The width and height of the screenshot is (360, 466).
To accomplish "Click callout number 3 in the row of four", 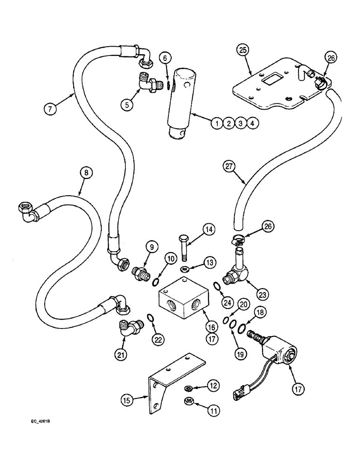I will click(239, 123).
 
